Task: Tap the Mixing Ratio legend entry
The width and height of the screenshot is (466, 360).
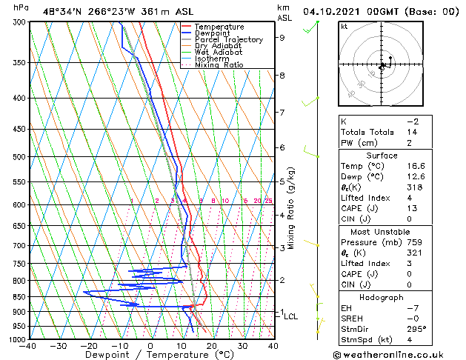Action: click(222, 65)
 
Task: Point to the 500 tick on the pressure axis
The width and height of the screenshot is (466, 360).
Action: click(19, 157)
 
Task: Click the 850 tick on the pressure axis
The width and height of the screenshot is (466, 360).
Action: click(19, 296)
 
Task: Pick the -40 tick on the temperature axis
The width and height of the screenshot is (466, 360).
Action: click(29, 345)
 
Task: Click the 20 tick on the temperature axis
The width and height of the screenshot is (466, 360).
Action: click(211, 345)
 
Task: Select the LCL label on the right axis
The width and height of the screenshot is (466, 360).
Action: click(291, 316)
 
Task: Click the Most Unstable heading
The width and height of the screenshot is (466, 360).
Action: click(379, 231)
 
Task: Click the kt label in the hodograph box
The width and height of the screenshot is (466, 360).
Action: click(344, 26)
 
